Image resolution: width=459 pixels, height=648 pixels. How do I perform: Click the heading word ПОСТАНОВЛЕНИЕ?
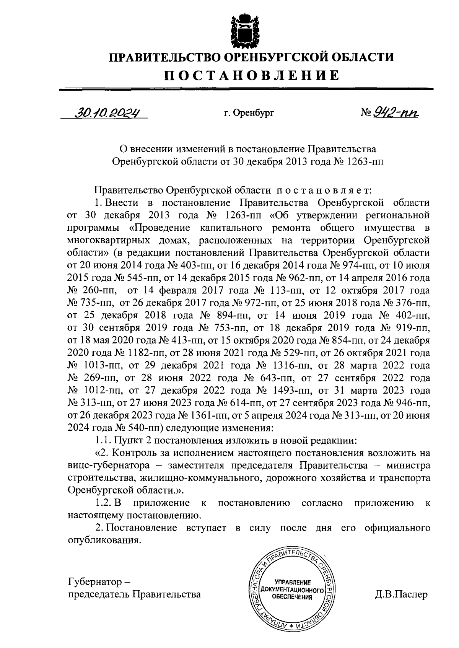(252, 75)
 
